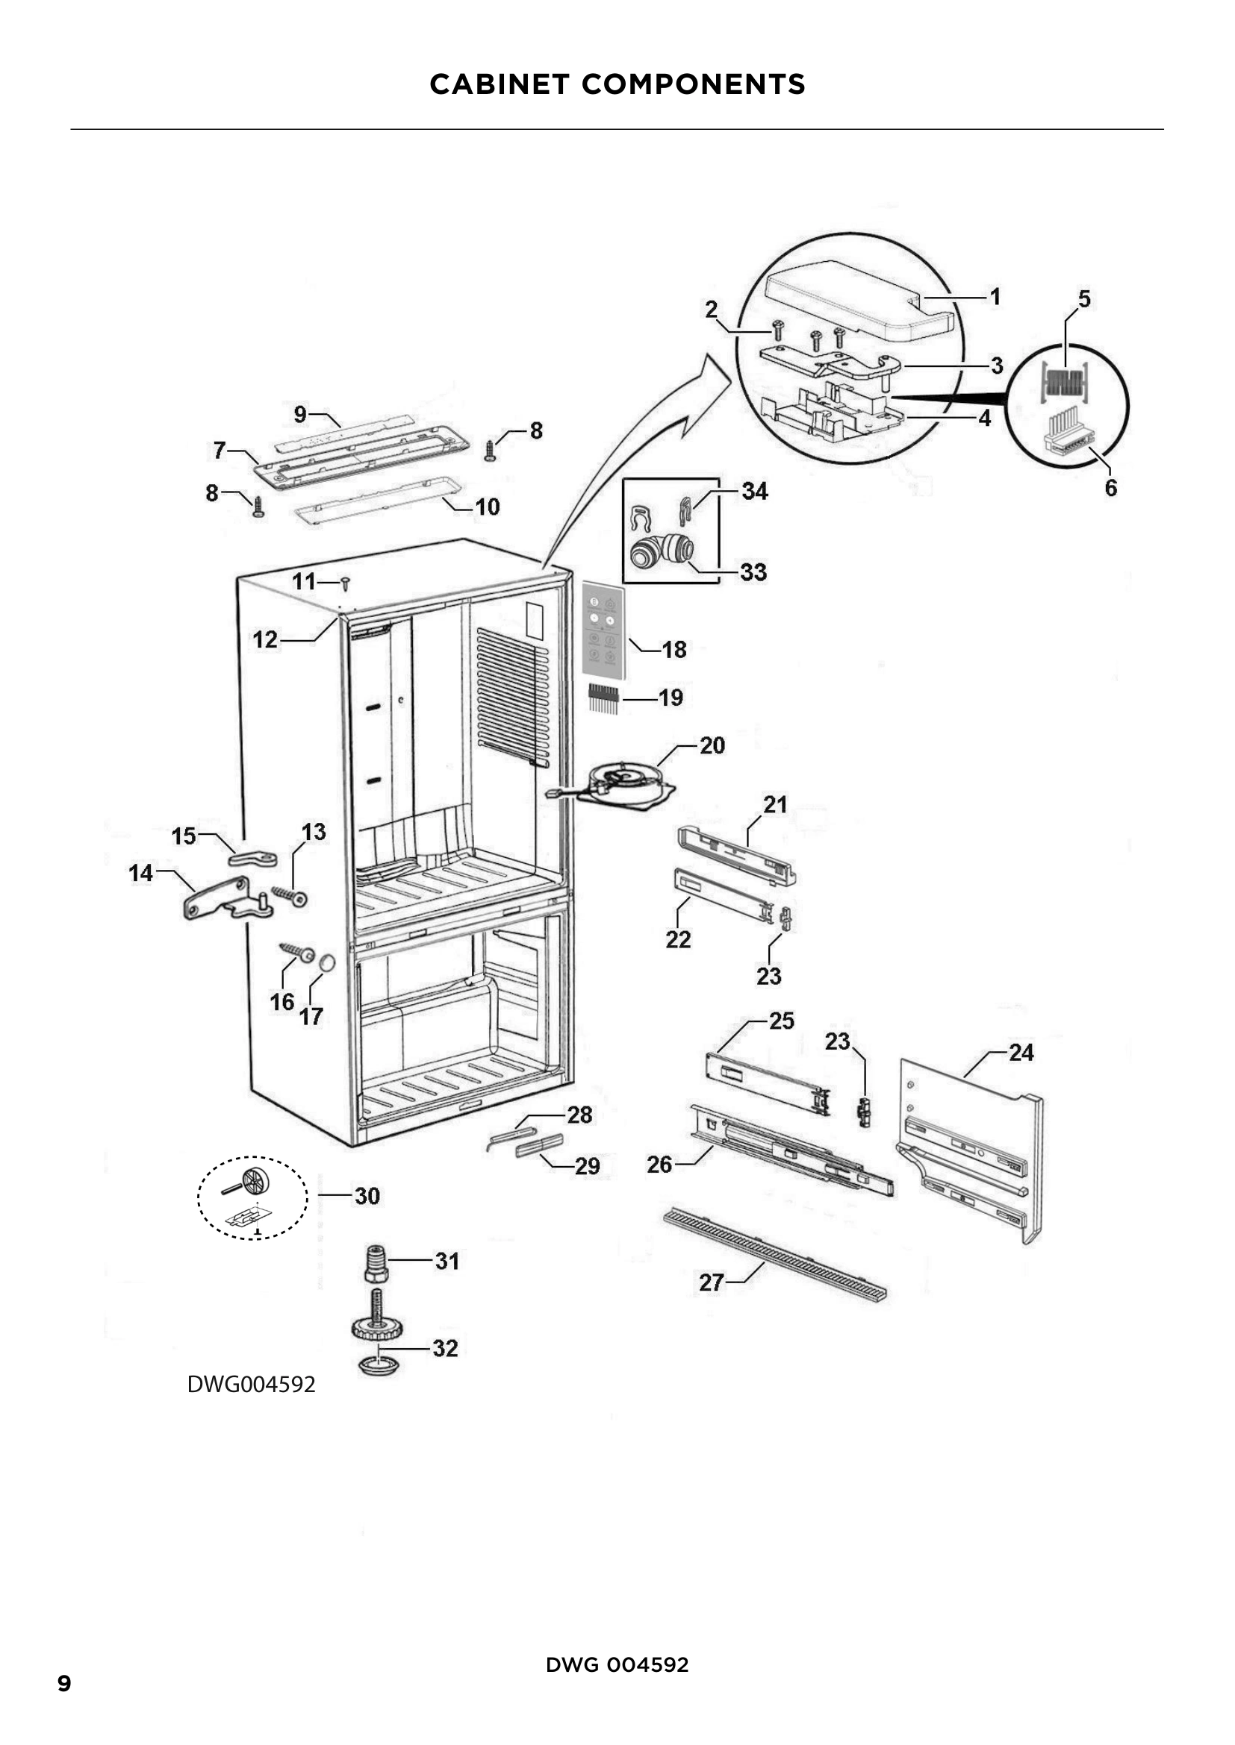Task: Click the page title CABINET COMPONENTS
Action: (617, 84)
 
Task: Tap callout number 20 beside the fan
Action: (712, 745)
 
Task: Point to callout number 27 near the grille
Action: (711, 1283)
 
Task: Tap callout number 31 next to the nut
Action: (447, 1262)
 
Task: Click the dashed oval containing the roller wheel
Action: (253, 1200)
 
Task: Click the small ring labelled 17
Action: (326, 963)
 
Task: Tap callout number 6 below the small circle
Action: (1110, 488)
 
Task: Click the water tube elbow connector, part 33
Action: (661, 551)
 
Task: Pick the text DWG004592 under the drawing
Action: (251, 1385)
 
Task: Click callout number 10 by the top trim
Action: (487, 507)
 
